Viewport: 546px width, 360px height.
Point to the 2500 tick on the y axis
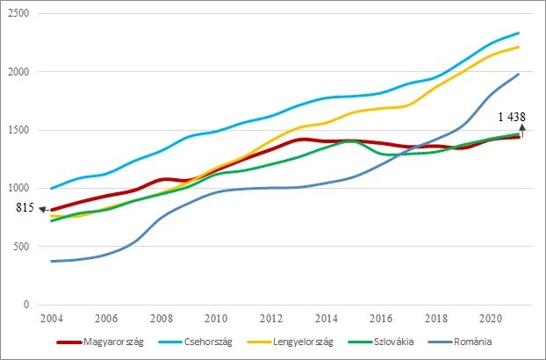pyautogui.click(x=19, y=14)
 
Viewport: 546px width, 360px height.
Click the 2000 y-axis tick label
pyautogui.click(x=19, y=72)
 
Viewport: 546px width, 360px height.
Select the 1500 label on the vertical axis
pyautogui.click(x=19, y=130)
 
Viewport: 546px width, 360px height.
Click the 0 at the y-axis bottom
pyautogui.click(x=28, y=305)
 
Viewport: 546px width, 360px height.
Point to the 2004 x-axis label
pyautogui.click(x=52, y=319)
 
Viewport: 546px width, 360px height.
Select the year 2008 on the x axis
pyautogui.click(x=162, y=319)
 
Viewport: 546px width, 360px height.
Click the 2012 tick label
pyautogui.click(x=271, y=319)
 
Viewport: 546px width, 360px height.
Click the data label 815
pyautogui.click(x=25, y=208)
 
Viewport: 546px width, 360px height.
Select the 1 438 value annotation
pyautogui.click(x=513, y=118)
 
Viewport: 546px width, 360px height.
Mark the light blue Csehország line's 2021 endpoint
pyautogui.click(x=519, y=33)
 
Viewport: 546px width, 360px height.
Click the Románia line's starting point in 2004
pyautogui.click(x=52, y=261)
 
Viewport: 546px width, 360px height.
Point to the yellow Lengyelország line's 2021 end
pyautogui.click(x=519, y=47)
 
